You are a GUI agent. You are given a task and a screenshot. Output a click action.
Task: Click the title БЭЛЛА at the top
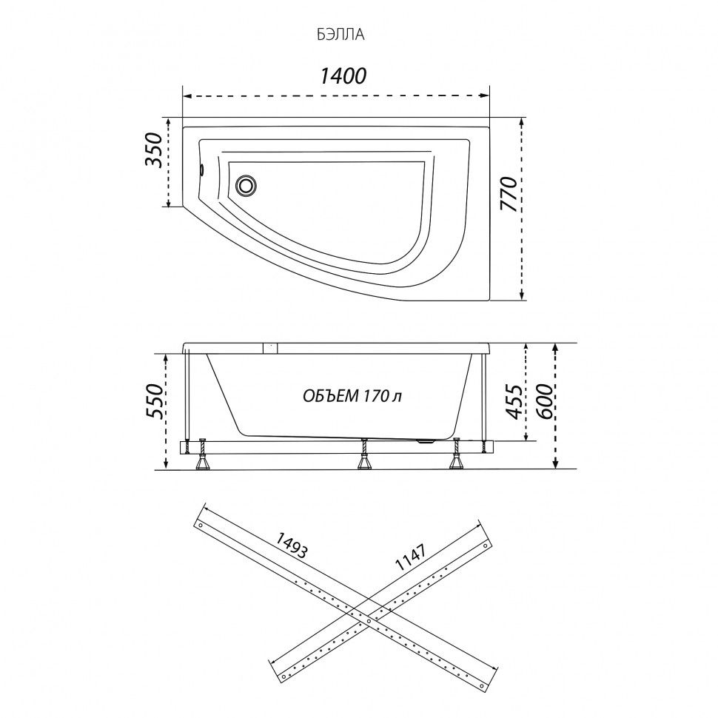[x=340, y=35]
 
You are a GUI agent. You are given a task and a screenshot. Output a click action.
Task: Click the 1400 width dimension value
[x=343, y=76]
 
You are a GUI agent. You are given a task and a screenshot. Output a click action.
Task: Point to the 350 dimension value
[x=154, y=150]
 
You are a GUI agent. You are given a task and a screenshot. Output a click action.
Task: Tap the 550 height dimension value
[x=154, y=400]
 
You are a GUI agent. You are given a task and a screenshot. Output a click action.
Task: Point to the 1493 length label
[x=290, y=545]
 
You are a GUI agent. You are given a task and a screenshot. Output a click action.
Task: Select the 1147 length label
[x=412, y=557]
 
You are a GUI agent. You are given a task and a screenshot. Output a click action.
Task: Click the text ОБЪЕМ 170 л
[x=352, y=395]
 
